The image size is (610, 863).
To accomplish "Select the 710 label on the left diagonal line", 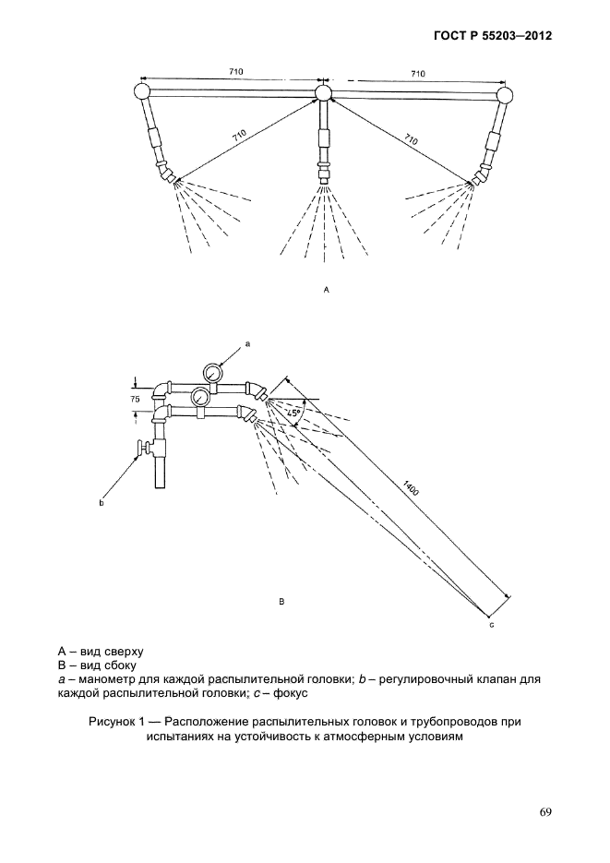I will tap(240, 136).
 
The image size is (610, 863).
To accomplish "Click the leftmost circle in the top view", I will tap(143, 91).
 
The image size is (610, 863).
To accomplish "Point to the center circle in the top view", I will tap(323, 92).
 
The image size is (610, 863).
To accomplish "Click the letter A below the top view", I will tap(326, 289).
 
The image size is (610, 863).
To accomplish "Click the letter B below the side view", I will tap(281, 602).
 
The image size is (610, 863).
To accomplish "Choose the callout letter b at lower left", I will tap(102, 504).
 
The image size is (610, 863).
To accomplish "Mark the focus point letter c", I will tap(492, 627).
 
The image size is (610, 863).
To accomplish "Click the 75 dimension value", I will tap(135, 400).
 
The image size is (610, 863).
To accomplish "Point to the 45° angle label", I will tap(294, 414).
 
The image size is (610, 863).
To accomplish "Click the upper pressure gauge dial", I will tap(211, 374).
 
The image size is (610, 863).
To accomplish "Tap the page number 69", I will tap(545, 812).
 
